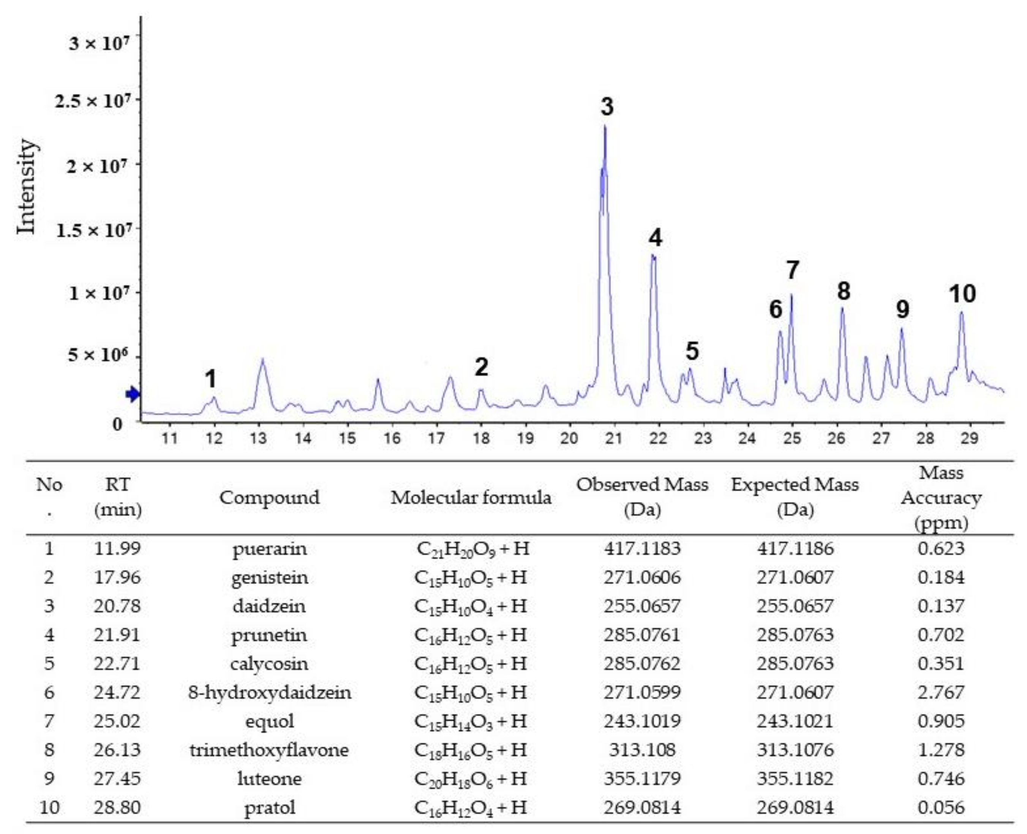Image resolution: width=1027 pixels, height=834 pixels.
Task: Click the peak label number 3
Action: coord(607,107)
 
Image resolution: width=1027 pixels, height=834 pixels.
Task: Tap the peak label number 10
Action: coord(962,294)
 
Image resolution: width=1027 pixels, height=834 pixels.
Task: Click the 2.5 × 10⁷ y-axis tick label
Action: coord(92,101)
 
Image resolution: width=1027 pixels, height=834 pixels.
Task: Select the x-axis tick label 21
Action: coord(614,438)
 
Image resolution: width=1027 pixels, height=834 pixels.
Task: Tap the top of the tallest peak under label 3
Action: coord(605,127)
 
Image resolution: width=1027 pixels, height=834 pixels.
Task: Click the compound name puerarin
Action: coord(270,549)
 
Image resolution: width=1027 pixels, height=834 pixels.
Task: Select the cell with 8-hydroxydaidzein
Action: coord(270,692)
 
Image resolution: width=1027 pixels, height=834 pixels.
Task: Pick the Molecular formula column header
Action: coord(470,497)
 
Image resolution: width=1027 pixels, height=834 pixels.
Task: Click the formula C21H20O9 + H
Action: coord(472,549)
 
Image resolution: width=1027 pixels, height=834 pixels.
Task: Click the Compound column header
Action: coord(270,497)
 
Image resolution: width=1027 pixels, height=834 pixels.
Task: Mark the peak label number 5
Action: coord(692,351)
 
